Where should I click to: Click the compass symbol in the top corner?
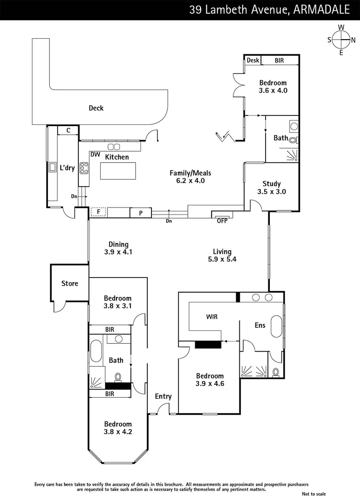(341, 40)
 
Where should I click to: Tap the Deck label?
(96, 108)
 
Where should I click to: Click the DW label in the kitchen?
(95, 155)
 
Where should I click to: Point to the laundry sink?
(52, 168)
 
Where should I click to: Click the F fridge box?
(98, 212)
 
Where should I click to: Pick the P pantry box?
(142, 213)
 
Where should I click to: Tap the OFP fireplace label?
(222, 220)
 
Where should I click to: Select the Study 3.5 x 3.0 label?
(271, 187)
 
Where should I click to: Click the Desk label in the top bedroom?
(252, 60)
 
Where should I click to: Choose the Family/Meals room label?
(190, 177)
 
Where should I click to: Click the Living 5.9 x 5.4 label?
(222, 255)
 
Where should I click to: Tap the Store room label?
(70, 283)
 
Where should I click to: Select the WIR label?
(212, 317)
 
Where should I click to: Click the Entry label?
(163, 396)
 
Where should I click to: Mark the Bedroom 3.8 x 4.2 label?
(117, 428)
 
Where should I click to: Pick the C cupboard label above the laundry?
(68, 130)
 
